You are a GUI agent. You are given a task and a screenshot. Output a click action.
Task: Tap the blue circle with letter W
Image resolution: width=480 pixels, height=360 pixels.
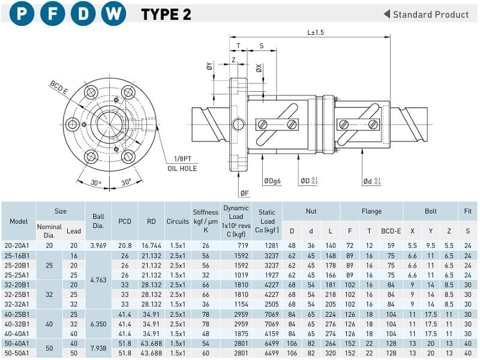(113, 14)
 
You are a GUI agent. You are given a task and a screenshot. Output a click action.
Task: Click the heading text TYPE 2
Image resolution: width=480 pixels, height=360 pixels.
(166, 15)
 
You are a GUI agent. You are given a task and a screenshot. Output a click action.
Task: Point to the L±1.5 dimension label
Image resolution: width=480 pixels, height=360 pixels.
(315, 32)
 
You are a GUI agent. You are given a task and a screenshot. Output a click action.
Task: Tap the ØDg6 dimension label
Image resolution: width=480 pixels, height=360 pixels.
(274, 181)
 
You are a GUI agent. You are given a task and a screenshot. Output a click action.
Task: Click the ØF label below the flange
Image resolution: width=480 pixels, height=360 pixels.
(245, 193)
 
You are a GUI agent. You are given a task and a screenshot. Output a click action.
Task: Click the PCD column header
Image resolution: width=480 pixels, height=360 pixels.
(125, 221)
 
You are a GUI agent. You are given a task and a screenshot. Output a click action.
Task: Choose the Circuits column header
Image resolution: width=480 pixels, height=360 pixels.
(177, 221)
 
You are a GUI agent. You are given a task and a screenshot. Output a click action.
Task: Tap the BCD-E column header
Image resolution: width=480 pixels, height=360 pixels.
(391, 230)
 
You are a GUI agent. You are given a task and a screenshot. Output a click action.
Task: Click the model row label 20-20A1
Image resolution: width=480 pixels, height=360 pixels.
(19, 245)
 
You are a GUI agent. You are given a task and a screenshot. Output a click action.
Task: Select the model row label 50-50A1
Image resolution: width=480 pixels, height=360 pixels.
(19, 353)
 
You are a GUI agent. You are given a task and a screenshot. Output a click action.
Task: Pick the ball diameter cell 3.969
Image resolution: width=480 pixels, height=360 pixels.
(98, 245)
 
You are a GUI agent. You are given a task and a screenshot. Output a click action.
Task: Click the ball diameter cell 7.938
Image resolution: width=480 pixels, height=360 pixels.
(98, 348)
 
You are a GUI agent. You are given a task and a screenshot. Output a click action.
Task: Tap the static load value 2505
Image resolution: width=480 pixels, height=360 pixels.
(266, 305)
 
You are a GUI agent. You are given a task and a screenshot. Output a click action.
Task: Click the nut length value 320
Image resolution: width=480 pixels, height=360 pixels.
(330, 353)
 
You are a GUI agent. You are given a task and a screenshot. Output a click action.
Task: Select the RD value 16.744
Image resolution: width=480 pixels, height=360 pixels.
(151, 245)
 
